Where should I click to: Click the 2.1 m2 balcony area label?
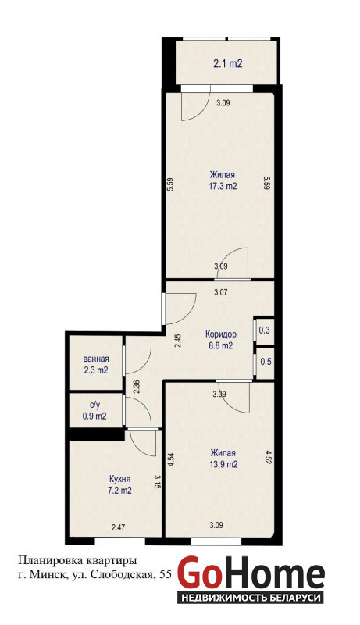228,63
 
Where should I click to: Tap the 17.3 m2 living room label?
223,180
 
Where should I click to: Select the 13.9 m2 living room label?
223,459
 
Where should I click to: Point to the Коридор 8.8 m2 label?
221,340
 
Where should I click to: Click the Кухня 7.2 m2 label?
119,484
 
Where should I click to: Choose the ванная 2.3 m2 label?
96,364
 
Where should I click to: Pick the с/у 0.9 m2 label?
94,411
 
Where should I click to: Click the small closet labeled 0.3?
265,330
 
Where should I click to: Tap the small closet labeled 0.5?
266,362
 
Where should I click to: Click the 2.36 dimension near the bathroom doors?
136,387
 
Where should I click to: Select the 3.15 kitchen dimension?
157,483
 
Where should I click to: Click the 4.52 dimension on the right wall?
269,458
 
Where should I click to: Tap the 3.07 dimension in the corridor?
221,292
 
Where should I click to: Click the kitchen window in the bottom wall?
119,541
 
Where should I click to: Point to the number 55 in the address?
166,574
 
